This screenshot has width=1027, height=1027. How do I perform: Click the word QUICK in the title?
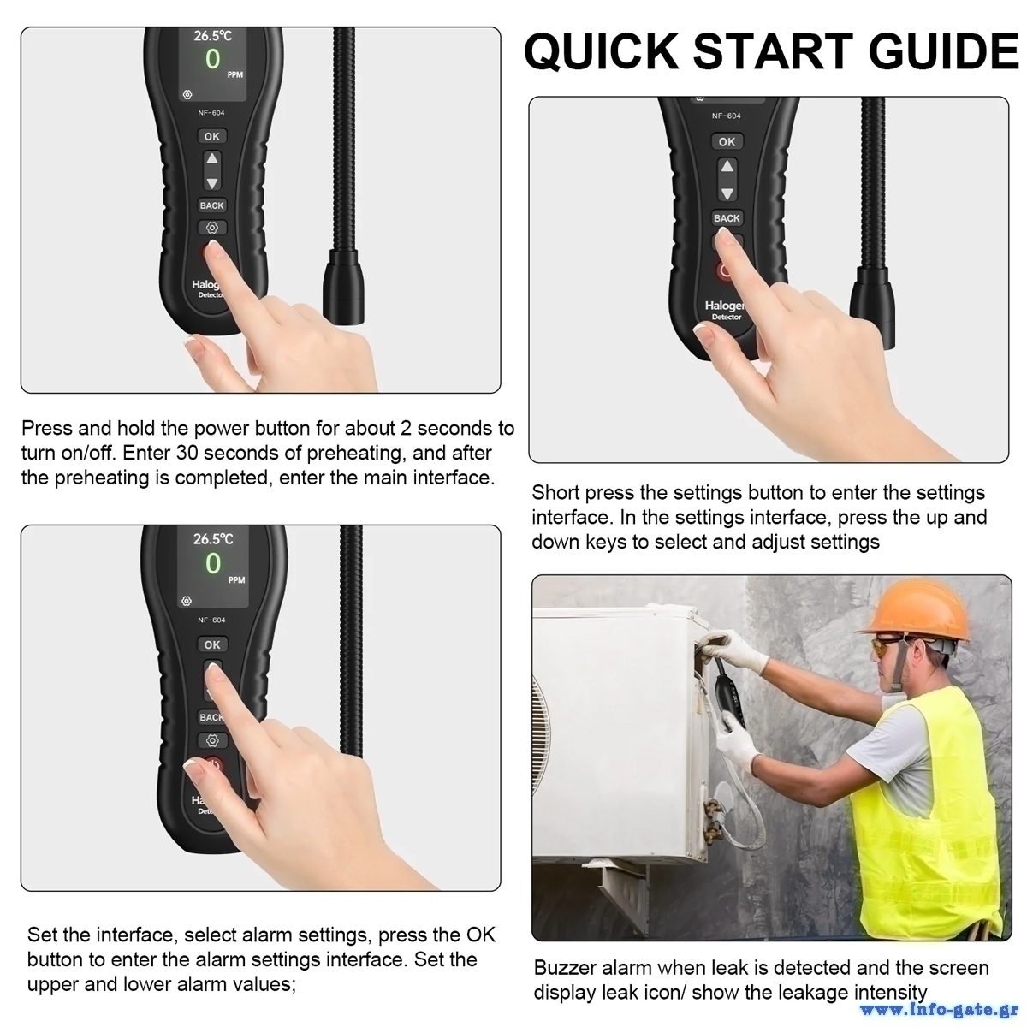point(601,51)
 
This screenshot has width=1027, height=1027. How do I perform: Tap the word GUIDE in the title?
point(944,51)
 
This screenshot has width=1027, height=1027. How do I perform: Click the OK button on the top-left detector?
point(212,136)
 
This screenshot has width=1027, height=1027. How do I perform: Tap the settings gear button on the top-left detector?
point(212,228)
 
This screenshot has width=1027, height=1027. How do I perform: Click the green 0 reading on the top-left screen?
point(212,59)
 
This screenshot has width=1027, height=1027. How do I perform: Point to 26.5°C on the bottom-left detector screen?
point(213,539)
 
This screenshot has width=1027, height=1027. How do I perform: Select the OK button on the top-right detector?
point(727,142)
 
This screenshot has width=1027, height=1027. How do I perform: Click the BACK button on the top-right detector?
point(727,218)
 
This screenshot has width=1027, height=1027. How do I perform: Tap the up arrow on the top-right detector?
point(727,167)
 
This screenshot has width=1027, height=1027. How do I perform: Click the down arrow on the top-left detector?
point(212,183)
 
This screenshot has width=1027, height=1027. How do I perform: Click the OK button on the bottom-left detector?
point(212,645)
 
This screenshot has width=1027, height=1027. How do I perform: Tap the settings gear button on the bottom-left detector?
point(212,741)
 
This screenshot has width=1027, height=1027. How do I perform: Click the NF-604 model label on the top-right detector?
point(727,116)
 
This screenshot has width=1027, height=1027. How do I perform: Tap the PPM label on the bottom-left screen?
point(236,580)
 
